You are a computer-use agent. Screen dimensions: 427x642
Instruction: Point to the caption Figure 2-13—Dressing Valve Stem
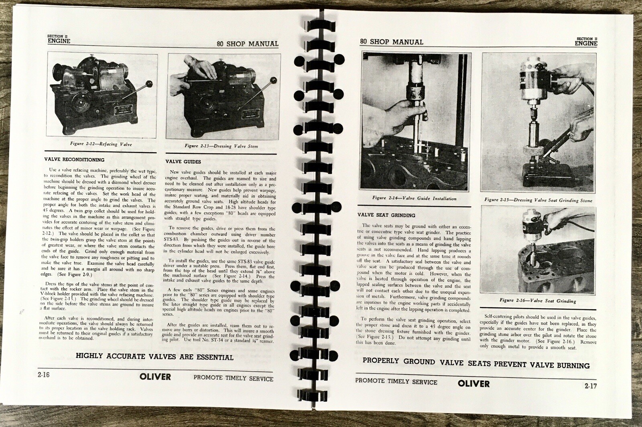(x=221, y=146)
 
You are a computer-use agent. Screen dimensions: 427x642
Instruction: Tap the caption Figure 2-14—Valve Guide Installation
(x=414, y=198)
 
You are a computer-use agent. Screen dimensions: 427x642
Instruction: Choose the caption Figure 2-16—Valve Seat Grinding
(x=538, y=301)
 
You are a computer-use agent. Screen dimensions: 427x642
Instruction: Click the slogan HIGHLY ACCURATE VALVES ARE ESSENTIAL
(x=154, y=357)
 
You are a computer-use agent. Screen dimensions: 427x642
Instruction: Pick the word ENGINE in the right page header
(x=586, y=43)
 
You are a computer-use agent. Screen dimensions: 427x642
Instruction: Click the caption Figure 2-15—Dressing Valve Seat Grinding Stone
(x=538, y=200)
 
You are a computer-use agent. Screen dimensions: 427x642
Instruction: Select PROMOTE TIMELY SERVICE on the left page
(x=233, y=378)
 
